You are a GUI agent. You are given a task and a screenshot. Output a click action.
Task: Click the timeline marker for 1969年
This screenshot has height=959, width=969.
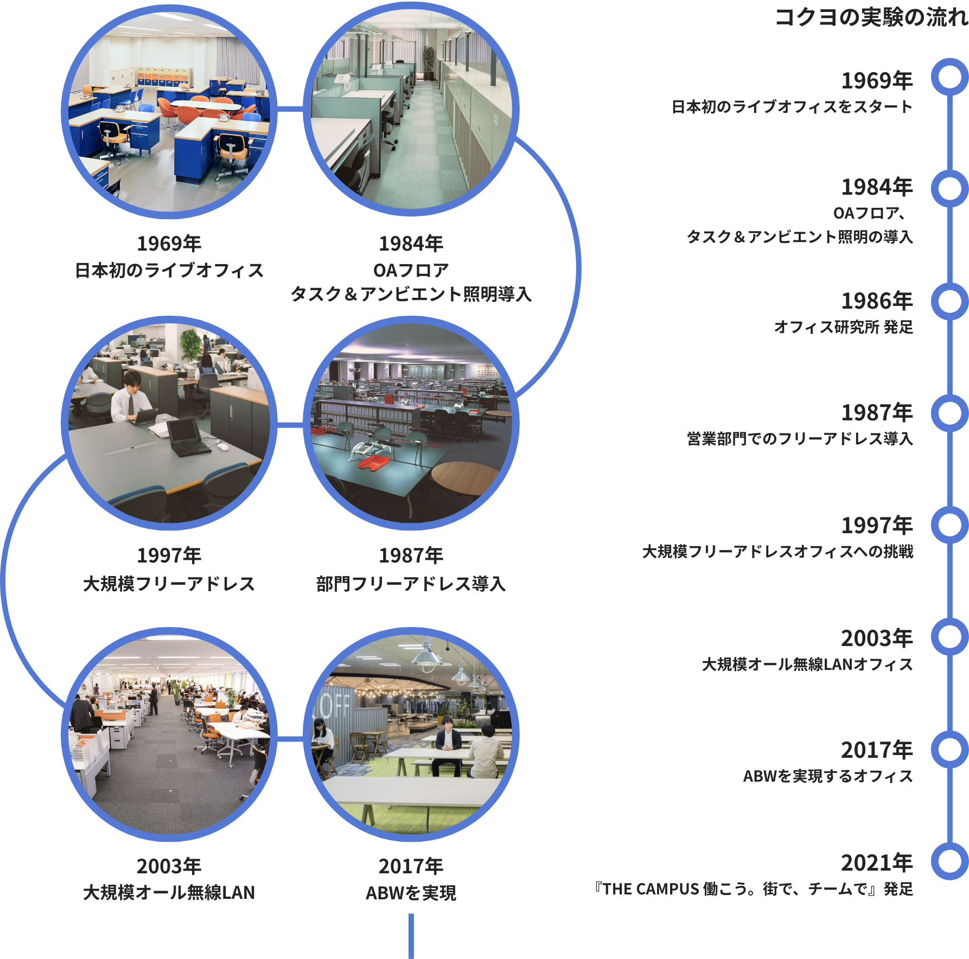coord(949,77)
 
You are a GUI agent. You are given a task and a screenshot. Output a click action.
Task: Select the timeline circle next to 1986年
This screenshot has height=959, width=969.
coord(949,301)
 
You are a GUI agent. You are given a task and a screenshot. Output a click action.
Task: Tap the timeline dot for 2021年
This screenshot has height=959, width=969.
coord(949,861)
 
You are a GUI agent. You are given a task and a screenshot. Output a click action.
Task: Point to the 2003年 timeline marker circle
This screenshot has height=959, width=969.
coord(949,636)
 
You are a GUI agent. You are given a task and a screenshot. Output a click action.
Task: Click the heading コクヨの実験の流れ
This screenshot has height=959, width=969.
coord(871,17)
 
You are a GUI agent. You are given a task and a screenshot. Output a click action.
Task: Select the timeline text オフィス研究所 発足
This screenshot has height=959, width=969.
coord(843,327)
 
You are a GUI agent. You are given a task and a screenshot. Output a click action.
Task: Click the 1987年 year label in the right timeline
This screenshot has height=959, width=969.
coord(877,413)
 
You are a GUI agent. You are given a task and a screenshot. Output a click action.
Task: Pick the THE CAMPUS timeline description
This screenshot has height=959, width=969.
coord(754,889)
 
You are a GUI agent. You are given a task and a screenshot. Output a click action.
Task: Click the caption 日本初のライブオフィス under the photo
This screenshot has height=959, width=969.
coord(169,270)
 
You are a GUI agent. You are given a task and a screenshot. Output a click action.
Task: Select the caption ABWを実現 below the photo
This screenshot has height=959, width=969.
coord(411,892)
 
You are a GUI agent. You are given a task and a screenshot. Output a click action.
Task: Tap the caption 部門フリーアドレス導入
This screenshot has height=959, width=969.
coord(411,584)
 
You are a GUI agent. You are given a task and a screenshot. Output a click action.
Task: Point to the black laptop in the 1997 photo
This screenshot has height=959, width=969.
coord(187,437)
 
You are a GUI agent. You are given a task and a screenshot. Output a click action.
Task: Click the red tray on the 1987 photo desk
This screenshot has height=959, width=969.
coord(375,464)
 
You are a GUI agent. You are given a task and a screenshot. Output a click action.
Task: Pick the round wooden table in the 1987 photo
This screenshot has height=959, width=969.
coord(464,477)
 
